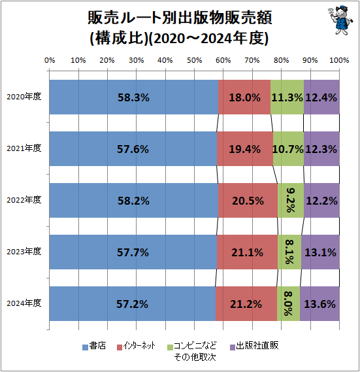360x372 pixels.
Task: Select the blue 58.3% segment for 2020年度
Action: point(133,97)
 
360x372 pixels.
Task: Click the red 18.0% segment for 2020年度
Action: point(244,97)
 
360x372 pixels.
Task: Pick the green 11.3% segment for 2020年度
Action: point(287,97)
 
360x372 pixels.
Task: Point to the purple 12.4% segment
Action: point(321,97)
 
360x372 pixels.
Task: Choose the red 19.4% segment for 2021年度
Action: point(244,149)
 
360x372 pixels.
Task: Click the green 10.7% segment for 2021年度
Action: point(288,149)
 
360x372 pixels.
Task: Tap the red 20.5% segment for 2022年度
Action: point(248,200)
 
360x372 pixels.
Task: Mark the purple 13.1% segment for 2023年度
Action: point(320,252)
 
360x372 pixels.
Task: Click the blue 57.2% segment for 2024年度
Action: point(132,303)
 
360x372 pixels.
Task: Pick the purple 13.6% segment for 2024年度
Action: point(319,303)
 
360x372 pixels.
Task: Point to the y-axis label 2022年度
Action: point(24,200)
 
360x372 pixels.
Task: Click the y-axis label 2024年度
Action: point(24,303)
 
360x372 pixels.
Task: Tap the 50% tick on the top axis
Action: point(194,60)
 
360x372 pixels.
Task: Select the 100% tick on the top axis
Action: point(338,60)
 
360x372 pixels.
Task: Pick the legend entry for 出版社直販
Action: point(253,346)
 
